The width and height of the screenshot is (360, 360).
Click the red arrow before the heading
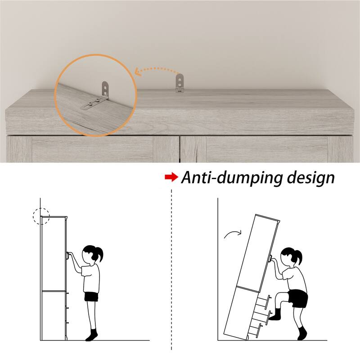click(171, 177)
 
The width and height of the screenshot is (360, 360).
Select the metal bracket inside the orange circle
click(96, 96)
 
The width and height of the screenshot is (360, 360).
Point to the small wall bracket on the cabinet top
click(180, 84)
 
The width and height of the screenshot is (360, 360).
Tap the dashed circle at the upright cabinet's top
click(41, 216)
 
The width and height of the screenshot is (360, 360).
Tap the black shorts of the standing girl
click(91, 297)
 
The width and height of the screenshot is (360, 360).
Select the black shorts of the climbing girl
click(298, 298)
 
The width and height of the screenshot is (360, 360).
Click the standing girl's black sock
click(92, 335)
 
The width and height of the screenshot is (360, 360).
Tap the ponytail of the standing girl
click(99, 254)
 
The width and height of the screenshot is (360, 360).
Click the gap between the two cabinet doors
click(180, 149)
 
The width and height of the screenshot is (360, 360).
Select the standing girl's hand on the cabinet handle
click(70, 255)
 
